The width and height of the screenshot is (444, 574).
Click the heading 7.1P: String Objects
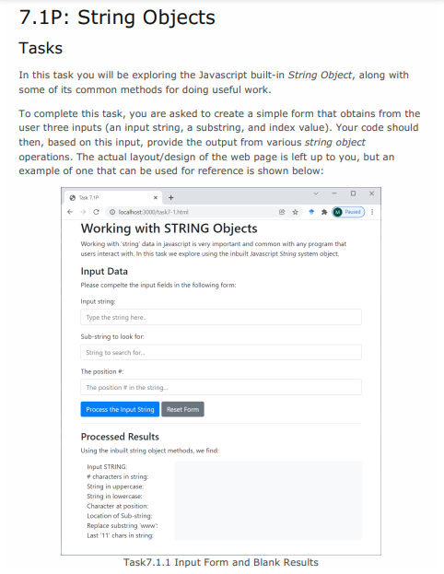coord(117,17)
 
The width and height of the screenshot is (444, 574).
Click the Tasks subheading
coord(41,47)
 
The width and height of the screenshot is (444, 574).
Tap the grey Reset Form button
coord(182,409)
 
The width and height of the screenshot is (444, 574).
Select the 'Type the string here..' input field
coord(220,317)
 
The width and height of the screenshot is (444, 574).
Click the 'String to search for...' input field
coord(220,352)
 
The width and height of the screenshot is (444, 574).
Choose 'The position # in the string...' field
coord(220,387)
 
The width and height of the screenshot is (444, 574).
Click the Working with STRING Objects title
coord(169,228)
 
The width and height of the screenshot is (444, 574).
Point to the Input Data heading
coord(104,271)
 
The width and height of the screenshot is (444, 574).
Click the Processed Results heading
coord(120,436)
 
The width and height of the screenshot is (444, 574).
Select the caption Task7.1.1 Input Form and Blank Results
coord(221,562)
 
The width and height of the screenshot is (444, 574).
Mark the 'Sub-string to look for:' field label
coord(112,336)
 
